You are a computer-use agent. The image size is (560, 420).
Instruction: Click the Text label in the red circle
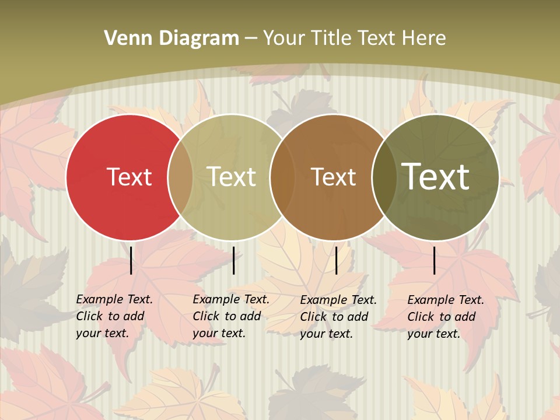(129, 177)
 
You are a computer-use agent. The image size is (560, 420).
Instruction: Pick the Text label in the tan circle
(232, 177)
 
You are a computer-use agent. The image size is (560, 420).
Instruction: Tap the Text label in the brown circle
(333, 177)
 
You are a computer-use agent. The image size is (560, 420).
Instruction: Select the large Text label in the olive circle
(436, 177)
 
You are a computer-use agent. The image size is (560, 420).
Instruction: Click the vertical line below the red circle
(131, 260)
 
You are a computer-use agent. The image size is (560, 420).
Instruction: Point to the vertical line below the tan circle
(233, 260)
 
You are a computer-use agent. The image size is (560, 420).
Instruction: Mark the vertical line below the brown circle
(336, 260)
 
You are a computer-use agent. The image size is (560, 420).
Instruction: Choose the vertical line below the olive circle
(435, 260)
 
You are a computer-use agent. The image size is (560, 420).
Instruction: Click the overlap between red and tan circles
(180, 177)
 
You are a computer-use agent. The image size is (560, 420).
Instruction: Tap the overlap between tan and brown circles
(282, 177)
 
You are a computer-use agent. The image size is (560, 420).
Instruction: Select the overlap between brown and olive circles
(384, 177)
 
